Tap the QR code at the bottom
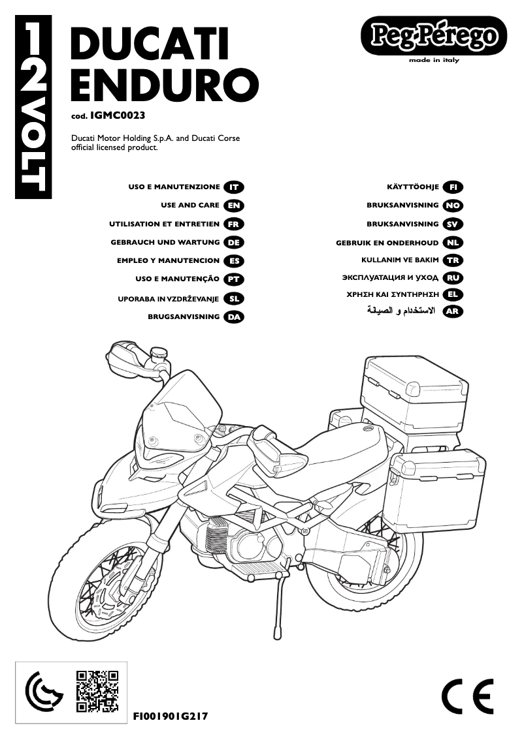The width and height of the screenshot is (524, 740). point(97,690)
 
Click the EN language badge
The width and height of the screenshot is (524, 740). point(233,206)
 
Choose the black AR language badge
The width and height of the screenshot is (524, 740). point(452,312)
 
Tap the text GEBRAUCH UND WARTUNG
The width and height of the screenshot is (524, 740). point(165,242)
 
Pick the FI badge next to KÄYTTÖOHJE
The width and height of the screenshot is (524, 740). point(452,187)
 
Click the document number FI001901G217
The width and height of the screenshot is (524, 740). point(171,716)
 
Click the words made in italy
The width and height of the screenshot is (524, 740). point(434,60)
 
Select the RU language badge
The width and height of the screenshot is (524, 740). point(452,277)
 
